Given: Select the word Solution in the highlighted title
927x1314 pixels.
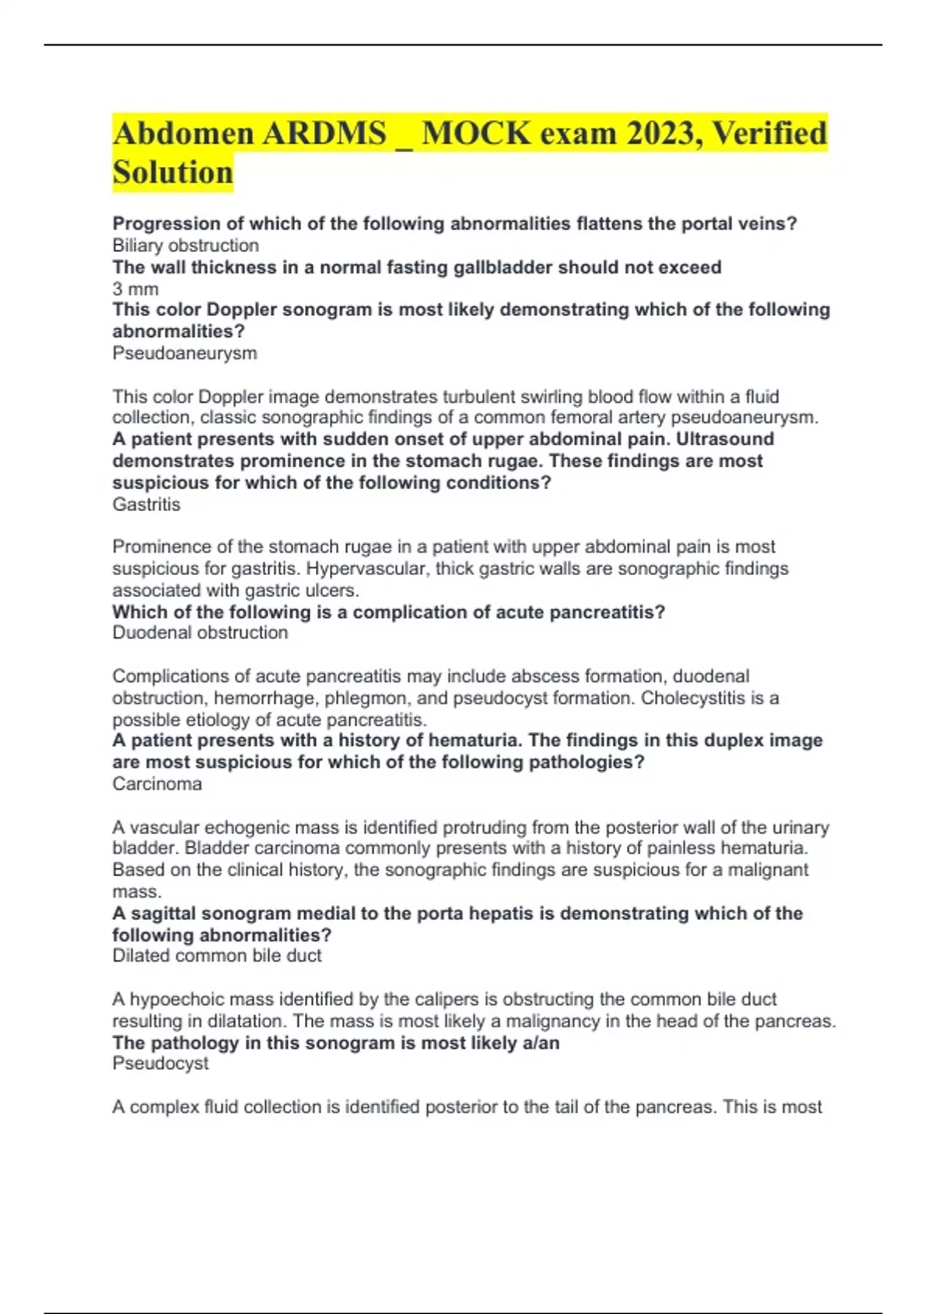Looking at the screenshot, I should (x=172, y=172).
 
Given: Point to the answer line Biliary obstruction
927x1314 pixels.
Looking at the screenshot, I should (x=185, y=246).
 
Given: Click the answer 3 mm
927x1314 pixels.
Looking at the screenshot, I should (x=135, y=289).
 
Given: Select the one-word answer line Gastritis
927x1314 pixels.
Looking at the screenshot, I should (x=146, y=505).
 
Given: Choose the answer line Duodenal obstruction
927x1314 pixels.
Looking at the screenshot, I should (x=200, y=633).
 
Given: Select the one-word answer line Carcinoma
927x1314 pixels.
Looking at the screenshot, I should (x=157, y=784).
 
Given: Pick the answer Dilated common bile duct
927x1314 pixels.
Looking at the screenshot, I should (x=216, y=956).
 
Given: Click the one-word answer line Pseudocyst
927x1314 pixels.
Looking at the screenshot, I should (x=160, y=1064).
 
